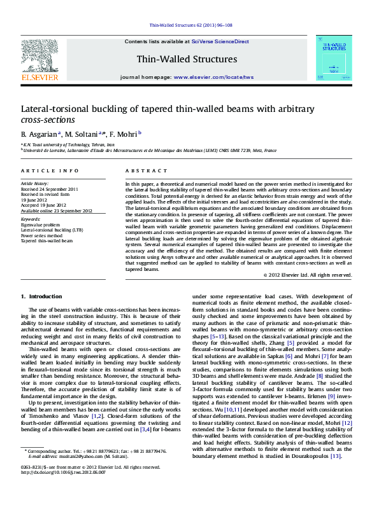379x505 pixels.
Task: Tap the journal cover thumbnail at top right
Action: tap(333, 58)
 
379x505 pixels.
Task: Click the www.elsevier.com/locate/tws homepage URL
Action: tap(213, 77)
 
